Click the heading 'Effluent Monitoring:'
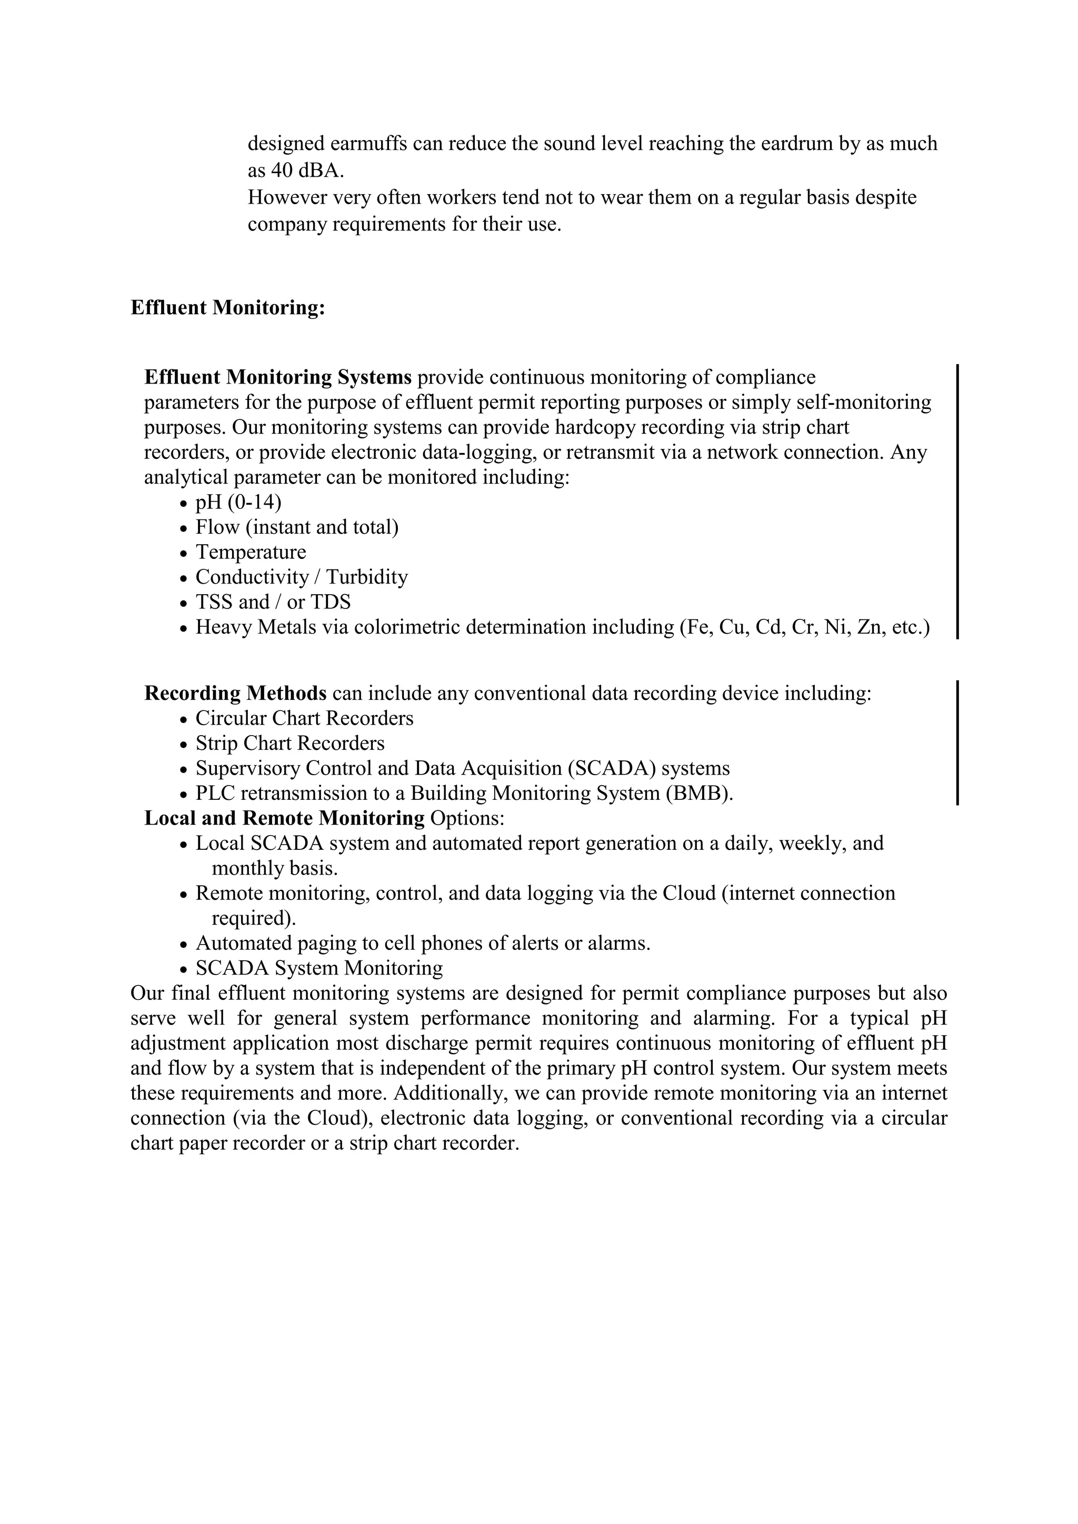click(228, 308)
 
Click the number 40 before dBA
click(282, 171)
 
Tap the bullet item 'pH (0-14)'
click(237, 503)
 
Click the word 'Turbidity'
click(366, 577)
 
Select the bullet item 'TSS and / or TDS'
click(273, 602)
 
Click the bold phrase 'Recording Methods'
click(236, 694)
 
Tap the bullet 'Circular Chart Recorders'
click(304, 718)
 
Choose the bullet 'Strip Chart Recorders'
click(290, 744)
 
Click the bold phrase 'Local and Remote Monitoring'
click(284, 818)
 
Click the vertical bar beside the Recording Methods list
click(957, 742)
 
